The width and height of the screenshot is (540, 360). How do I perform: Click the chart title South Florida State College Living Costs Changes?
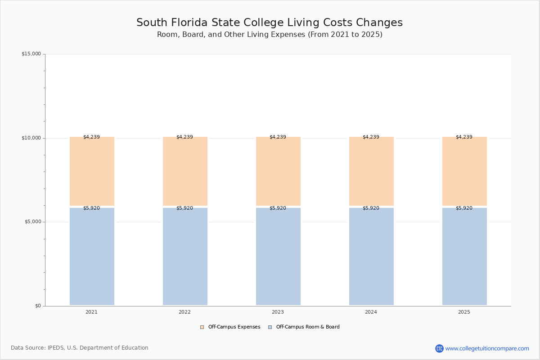(x=270, y=23)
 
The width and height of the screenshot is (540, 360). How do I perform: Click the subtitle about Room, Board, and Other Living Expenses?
(x=270, y=35)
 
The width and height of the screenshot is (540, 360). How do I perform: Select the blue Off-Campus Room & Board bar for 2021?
(x=92, y=256)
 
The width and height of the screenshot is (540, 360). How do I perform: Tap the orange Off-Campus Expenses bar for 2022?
(x=185, y=171)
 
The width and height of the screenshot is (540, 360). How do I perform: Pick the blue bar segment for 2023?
(x=278, y=256)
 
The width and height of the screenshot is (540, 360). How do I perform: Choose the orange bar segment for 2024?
(x=371, y=171)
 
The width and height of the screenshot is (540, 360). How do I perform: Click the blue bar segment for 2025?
(x=464, y=256)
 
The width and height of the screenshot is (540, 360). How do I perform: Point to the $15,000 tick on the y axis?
(x=31, y=54)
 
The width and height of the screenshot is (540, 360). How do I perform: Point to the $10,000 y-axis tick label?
(x=31, y=138)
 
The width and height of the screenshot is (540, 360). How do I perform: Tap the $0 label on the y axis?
(x=38, y=306)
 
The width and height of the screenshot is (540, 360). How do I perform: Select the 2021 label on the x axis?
(x=91, y=312)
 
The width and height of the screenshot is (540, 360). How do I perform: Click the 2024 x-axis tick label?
(x=371, y=312)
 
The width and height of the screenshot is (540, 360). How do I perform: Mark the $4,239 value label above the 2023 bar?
(x=278, y=137)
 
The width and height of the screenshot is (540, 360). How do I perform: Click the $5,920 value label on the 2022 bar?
(x=184, y=208)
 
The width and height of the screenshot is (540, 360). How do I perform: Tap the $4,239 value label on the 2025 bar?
(x=464, y=137)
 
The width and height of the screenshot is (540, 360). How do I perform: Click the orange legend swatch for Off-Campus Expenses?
(x=202, y=327)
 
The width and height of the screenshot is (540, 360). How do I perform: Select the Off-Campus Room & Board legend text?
(x=308, y=327)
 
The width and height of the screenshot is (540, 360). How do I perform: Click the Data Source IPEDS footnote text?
(x=80, y=348)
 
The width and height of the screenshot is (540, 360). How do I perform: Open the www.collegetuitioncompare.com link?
(x=487, y=348)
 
